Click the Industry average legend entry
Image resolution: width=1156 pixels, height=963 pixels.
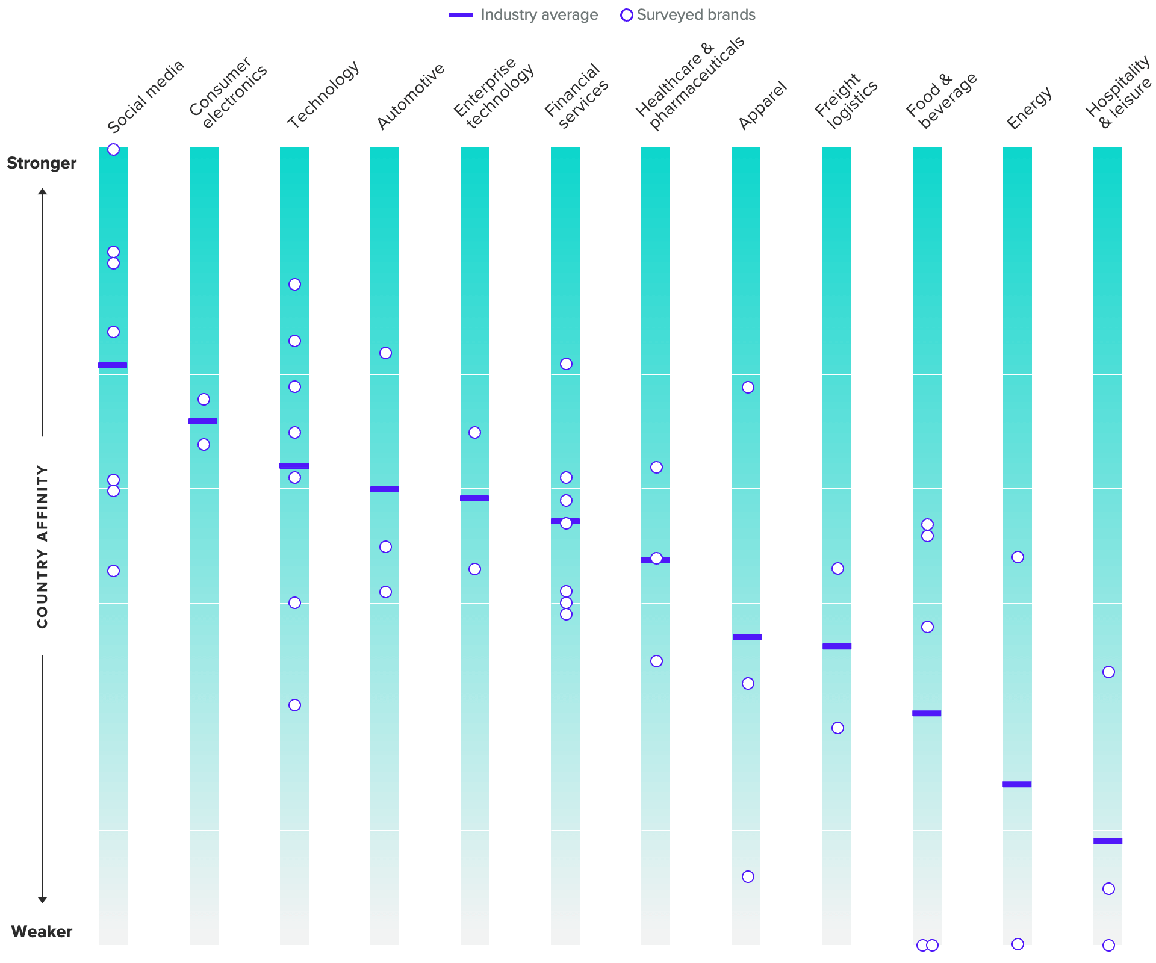pyautogui.click(x=524, y=15)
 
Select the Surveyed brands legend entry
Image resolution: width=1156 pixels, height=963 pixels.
pyautogui.click(x=688, y=15)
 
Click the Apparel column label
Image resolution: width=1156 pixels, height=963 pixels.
pyautogui.click(x=762, y=105)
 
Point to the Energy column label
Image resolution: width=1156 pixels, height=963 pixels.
pyautogui.click(x=1029, y=108)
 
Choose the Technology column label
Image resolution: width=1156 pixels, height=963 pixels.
pyautogui.click(x=323, y=94)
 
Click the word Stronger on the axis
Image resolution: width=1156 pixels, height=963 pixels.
pyautogui.click(x=42, y=163)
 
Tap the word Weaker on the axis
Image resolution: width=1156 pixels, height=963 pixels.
pyautogui.click(x=42, y=932)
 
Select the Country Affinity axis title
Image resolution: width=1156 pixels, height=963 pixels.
pyautogui.click(x=42, y=547)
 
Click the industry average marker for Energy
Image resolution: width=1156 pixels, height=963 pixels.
pyautogui.click(x=1017, y=784)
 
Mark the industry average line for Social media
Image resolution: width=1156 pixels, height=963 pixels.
pyautogui.click(x=113, y=365)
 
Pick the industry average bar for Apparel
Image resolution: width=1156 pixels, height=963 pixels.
pyautogui.click(x=747, y=637)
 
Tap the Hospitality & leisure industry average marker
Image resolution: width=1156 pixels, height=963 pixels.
pyautogui.click(x=1108, y=841)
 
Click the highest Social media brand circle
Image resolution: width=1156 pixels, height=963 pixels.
pyautogui.click(x=113, y=150)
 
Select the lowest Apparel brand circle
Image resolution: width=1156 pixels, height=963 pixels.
pyautogui.click(x=748, y=877)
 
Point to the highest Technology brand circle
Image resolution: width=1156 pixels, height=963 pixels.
pyautogui.click(x=294, y=285)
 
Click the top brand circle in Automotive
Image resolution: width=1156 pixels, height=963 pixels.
pyautogui.click(x=385, y=353)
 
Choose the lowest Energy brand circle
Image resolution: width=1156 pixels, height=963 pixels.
pyautogui.click(x=1018, y=944)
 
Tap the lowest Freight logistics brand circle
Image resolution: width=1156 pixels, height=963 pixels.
pyautogui.click(x=837, y=728)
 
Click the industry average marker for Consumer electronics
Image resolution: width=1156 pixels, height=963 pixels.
pyautogui.click(x=203, y=421)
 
